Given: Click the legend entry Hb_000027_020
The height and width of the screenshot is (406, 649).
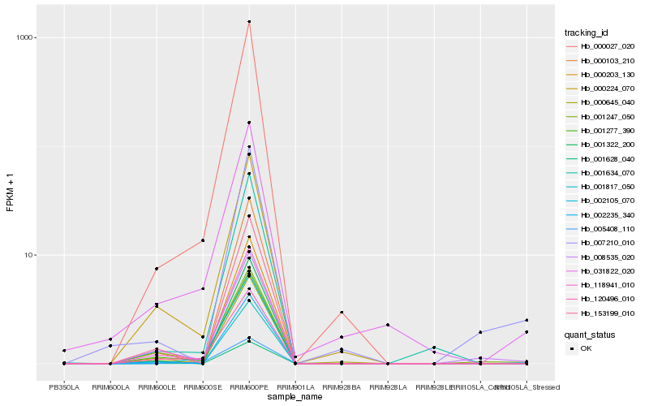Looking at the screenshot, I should click(x=601, y=46).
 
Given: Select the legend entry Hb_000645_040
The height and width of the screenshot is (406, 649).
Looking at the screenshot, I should click(x=601, y=102).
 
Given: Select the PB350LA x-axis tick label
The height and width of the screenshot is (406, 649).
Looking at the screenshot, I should click(x=64, y=387).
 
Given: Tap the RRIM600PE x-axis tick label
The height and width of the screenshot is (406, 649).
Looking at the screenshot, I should click(x=249, y=387).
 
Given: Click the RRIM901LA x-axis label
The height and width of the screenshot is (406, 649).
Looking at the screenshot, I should click(x=295, y=387).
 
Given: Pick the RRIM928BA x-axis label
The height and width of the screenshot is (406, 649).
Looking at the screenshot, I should click(x=342, y=387).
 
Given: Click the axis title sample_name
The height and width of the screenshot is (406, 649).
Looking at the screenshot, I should click(x=295, y=396).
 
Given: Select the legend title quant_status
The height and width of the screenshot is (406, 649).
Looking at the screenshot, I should click(x=590, y=334).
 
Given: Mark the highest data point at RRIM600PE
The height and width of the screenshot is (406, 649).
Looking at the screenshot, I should click(x=249, y=22).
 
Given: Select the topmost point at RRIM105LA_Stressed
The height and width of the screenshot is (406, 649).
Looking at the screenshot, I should click(x=527, y=320).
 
